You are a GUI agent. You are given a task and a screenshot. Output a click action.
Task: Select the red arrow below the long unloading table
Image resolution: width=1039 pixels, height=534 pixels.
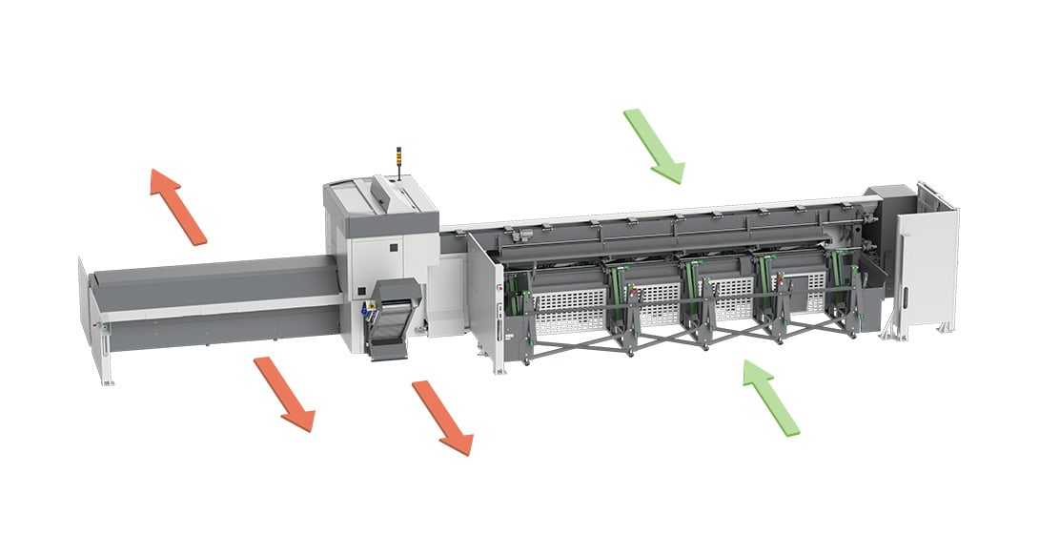pyautogui.click(x=284, y=393)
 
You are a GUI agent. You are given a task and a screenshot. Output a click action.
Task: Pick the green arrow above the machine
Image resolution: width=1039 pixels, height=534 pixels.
pyautogui.click(x=654, y=145)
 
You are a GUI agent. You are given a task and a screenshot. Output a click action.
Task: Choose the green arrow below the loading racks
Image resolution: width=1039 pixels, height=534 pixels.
pyautogui.click(x=771, y=397)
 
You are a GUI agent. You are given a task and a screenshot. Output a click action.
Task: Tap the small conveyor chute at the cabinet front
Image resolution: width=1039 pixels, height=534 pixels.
pyautogui.click(x=393, y=319)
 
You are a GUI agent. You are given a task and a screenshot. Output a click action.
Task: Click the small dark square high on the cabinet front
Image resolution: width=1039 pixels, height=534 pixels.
pyautogui.click(x=391, y=247)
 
